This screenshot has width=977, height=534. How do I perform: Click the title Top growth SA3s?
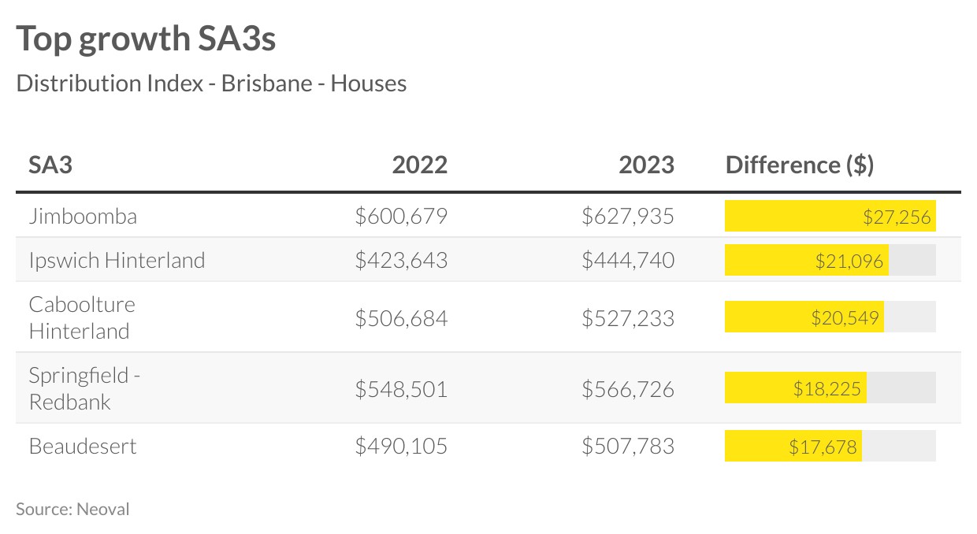146,39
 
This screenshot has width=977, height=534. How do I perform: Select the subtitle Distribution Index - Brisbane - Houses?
211,83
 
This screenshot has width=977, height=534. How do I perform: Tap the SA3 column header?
51,165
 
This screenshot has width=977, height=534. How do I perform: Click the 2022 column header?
419,165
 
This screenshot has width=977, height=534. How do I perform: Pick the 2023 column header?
646,165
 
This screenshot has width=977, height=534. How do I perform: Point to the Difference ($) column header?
799,165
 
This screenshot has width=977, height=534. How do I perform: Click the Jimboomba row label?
83,216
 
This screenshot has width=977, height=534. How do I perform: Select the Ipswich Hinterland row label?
117,260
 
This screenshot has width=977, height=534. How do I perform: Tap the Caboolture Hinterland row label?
82,317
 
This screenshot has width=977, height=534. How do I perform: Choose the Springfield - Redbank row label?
84,388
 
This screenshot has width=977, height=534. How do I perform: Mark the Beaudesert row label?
83,446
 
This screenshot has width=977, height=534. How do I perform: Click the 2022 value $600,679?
401,216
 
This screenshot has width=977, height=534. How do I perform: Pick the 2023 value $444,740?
628,260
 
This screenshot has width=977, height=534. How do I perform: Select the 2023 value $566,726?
628,388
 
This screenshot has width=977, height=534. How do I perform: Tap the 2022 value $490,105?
401,446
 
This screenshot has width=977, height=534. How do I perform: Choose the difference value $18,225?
827,388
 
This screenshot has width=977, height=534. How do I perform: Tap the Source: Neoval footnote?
72,509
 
